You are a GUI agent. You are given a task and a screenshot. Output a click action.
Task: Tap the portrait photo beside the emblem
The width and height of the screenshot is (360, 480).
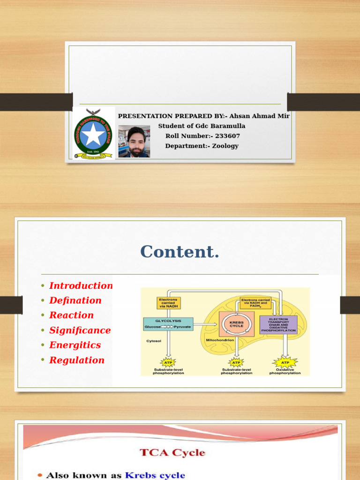(x=134, y=141)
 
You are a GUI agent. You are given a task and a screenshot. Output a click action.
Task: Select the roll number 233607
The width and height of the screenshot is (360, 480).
(x=227, y=136)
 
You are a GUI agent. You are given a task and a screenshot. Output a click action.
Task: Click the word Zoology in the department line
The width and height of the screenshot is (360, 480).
(x=225, y=146)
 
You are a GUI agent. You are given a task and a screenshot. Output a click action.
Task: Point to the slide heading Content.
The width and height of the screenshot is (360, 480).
(x=180, y=252)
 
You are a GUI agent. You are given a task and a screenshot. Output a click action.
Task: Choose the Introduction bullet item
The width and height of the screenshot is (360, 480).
(x=81, y=285)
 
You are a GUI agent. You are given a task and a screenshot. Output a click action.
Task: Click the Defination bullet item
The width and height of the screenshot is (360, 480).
(x=75, y=300)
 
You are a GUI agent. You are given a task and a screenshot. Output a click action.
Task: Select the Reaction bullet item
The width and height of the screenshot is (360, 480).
(x=72, y=315)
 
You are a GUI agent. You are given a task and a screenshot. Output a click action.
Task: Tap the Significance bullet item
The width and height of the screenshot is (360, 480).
(x=80, y=330)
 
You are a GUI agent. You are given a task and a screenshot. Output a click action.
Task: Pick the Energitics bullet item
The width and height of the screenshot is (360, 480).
(x=75, y=345)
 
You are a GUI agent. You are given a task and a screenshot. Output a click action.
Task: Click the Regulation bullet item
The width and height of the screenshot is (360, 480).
(x=77, y=360)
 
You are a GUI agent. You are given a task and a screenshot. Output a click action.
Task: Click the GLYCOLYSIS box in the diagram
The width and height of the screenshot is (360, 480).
(x=168, y=323)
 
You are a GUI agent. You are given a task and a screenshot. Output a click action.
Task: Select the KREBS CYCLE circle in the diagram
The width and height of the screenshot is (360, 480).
(x=236, y=323)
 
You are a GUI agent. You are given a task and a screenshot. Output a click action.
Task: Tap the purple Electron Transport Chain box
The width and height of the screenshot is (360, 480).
(x=278, y=324)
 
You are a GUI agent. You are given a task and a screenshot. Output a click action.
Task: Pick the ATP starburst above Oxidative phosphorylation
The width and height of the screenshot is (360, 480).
(x=285, y=362)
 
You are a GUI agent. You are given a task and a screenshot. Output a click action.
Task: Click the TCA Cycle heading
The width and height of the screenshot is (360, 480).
(x=172, y=452)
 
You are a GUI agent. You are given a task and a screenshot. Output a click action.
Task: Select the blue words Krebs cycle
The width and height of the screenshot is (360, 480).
(x=155, y=475)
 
